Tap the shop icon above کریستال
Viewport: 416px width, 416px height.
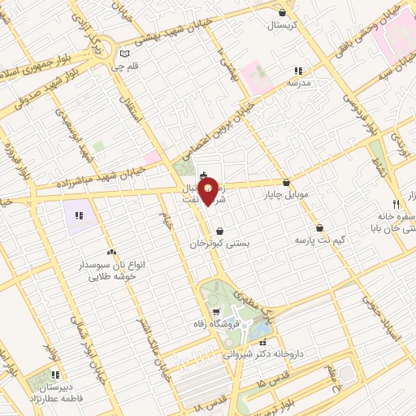click(282, 12)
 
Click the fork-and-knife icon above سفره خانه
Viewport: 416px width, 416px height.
click(396, 203)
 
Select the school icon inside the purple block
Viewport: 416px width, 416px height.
click(79, 215)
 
